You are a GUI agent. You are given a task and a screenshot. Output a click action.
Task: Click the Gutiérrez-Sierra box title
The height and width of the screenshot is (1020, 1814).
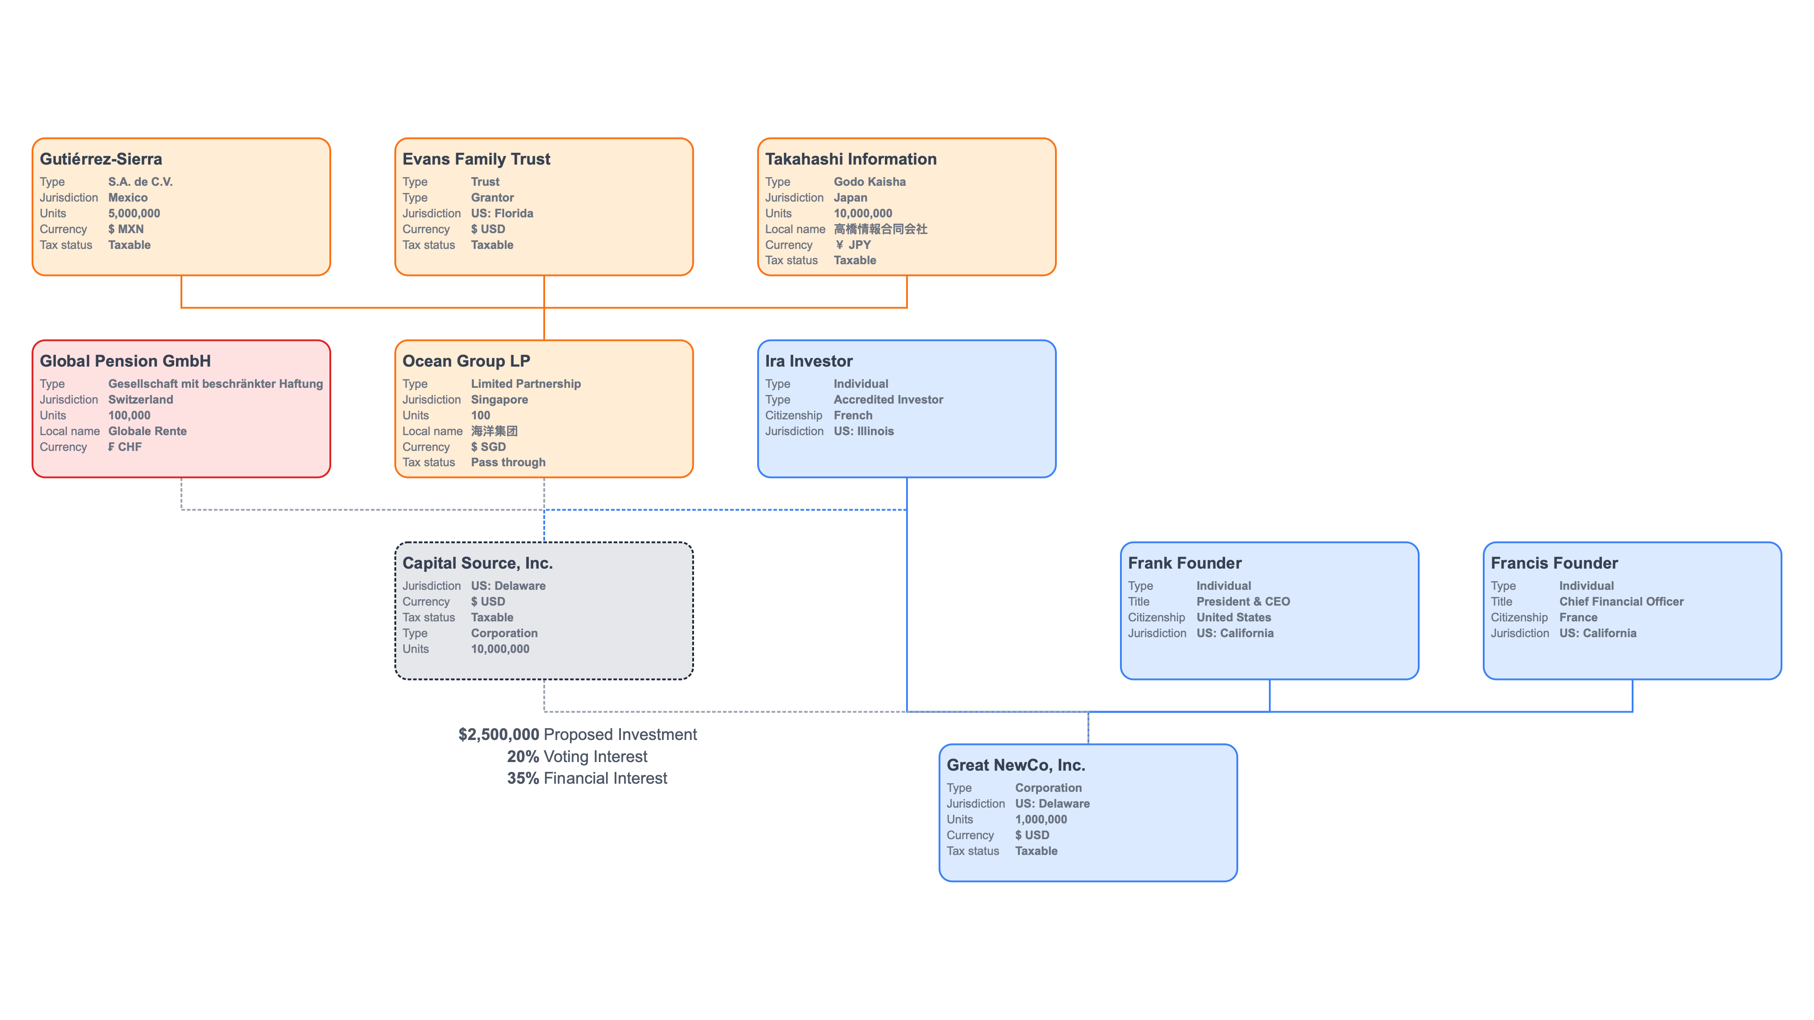101,159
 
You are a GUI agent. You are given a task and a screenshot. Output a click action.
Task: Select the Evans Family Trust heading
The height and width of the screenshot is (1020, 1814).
476,159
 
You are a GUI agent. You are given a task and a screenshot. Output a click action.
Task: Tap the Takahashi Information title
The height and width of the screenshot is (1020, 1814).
851,159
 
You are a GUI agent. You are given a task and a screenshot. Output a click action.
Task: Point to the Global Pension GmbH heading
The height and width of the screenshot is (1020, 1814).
125,361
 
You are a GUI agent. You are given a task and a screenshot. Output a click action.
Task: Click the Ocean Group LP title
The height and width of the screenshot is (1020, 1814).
466,361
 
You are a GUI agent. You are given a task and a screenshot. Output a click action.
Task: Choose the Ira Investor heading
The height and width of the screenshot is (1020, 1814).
809,361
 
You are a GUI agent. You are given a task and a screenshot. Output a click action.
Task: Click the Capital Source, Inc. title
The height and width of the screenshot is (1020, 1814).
477,563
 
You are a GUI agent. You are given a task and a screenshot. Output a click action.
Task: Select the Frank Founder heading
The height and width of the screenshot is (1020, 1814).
1185,563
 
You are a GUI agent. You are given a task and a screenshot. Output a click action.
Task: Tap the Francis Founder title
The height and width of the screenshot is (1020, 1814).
1554,563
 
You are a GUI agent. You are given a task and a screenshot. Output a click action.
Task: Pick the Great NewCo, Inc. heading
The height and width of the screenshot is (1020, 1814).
1015,765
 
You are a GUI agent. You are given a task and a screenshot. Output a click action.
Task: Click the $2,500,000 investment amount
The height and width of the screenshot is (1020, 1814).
499,734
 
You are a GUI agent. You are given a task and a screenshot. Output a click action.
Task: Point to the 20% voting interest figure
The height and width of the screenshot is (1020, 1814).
523,757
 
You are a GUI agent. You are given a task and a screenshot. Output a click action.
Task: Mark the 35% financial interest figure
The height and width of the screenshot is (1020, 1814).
523,779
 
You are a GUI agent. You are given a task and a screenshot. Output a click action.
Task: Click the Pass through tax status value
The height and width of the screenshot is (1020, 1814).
508,463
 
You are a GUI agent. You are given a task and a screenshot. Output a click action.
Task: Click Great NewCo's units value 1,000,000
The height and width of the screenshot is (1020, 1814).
1041,819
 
